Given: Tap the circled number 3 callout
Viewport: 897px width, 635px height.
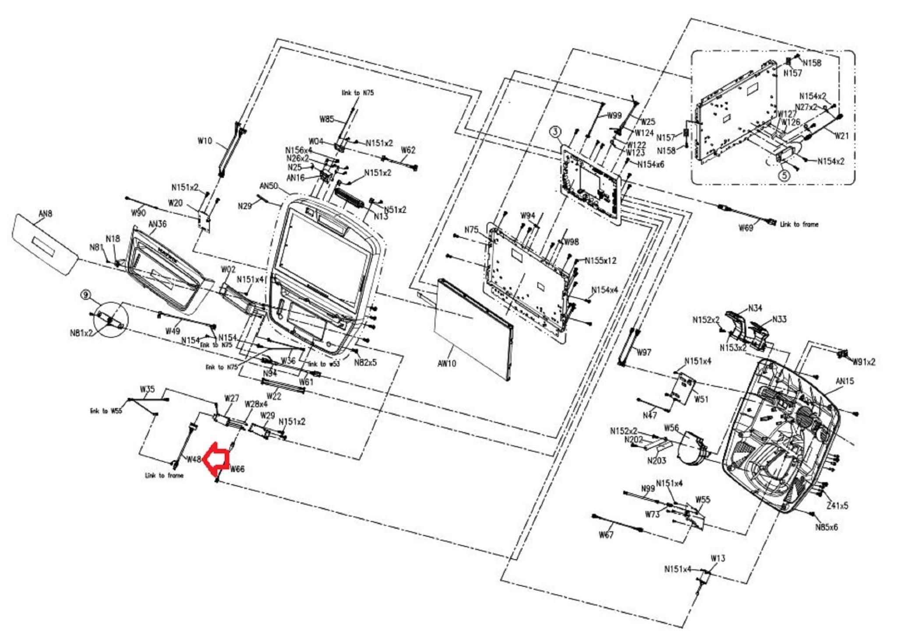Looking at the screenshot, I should coord(555,131).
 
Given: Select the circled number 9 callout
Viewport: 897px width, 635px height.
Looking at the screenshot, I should coord(85,295).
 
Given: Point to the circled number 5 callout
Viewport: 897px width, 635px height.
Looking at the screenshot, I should coord(784,175).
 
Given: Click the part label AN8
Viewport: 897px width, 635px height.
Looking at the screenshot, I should coord(45,214).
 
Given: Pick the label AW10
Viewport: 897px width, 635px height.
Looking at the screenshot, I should coord(447,363).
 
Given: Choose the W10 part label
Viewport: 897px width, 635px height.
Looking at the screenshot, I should coord(205,141).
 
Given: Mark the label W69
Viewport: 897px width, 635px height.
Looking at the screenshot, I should coord(745,228).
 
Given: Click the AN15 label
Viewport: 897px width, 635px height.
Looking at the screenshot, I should coord(844,381).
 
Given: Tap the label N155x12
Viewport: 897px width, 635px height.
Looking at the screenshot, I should coord(607,261).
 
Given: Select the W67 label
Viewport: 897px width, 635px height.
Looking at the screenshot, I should coord(606,535).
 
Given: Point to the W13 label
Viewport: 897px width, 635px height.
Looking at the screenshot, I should coord(718,558).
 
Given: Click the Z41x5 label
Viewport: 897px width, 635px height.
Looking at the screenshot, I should coord(837,506).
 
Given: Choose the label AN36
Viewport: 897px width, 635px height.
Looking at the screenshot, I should coord(158,224).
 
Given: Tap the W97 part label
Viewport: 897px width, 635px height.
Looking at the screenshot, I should coord(644,352).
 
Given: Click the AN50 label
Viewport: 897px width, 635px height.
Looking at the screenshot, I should coord(268,186).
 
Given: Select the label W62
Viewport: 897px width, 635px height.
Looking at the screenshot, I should coord(408,150).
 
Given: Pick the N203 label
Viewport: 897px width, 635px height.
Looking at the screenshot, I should coord(657,460).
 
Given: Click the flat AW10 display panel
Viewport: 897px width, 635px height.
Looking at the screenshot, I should coord(473,329).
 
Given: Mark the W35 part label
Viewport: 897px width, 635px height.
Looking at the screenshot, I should coord(147,389).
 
